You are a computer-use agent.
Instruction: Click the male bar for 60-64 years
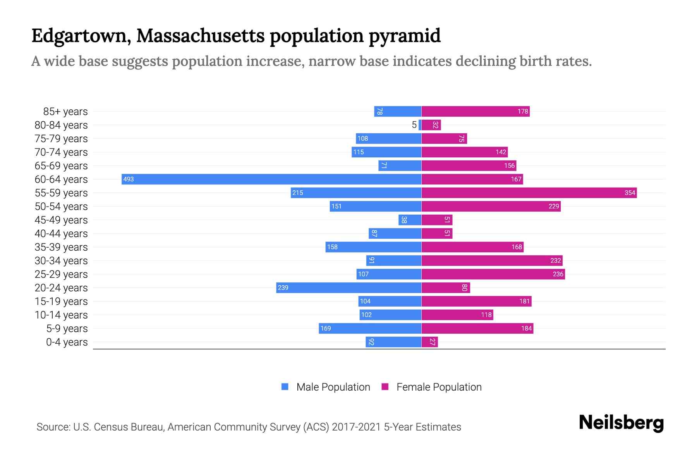pyautogui.click(x=271, y=179)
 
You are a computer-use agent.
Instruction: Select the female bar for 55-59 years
pyautogui.click(x=529, y=193)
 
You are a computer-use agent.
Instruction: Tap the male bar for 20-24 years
pyautogui.click(x=348, y=288)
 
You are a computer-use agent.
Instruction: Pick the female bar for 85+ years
pyautogui.click(x=476, y=111)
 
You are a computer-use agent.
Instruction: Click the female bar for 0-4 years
pyautogui.click(x=429, y=342)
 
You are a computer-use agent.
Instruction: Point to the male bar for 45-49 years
pyautogui.click(x=410, y=220)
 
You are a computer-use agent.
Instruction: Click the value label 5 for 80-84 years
pyautogui.click(x=414, y=125)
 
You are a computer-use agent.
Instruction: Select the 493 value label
pyautogui.click(x=129, y=179)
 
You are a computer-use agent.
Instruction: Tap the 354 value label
pyautogui.click(x=630, y=193)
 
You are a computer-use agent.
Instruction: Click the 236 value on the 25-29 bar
pyautogui.click(x=558, y=274)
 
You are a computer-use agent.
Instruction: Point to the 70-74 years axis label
pyautogui.click(x=61, y=152)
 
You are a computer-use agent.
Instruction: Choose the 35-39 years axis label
pyautogui.click(x=61, y=247)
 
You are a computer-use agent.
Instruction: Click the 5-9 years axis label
pyautogui.click(x=67, y=328)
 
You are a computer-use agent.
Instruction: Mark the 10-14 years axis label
pyautogui.click(x=61, y=315)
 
